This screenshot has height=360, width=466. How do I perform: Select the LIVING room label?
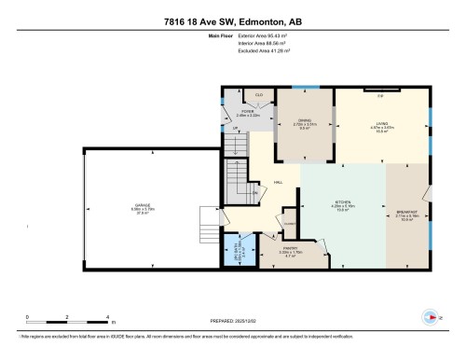pos(379,130)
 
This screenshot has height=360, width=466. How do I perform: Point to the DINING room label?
pos(304,121)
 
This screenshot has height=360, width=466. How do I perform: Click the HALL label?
pos(278,183)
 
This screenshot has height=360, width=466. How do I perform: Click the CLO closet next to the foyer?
pos(258,95)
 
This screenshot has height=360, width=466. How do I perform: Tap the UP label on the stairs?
pos(235,129)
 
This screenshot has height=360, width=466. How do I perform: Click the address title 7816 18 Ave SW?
pos(232,21)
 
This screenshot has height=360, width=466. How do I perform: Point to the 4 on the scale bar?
pos(109,317)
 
